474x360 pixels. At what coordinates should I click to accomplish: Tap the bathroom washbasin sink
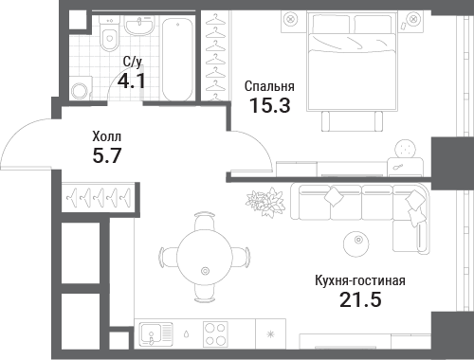click(x=139, y=25)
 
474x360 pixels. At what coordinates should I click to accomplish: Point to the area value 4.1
click(x=132, y=81)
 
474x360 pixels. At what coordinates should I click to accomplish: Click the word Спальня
click(x=269, y=86)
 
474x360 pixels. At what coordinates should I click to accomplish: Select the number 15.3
click(x=270, y=105)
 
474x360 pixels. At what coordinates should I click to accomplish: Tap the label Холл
click(x=106, y=136)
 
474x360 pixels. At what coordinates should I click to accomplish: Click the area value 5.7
click(x=107, y=155)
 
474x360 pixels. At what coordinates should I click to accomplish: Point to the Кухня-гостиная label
click(x=360, y=280)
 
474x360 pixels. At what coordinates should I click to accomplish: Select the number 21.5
click(x=360, y=299)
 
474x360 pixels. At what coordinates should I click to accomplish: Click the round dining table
click(x=205, y=258)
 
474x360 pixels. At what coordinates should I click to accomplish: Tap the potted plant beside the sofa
click(x=265, y=202)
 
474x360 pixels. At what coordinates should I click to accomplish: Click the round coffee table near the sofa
click(x=356, y=243)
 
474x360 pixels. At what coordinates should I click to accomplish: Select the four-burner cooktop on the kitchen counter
click(x=215, y=333)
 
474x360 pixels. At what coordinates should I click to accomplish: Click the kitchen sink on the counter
click(x=157, y=333)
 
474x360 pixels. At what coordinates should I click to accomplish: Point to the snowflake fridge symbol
click(x=270, y=334)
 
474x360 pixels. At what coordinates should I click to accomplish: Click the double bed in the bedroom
click(x=352, y=61)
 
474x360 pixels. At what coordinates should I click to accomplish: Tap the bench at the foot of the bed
click(x=352, y=121)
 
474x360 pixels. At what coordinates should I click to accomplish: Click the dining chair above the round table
click(x=205, y=221)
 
